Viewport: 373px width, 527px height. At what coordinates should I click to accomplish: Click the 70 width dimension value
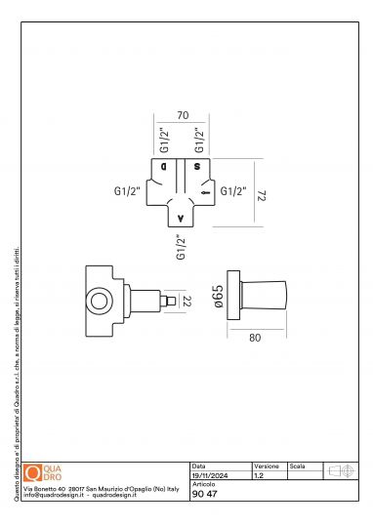click(182, 115)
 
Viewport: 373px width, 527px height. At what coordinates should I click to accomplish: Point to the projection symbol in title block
click(340, 471)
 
